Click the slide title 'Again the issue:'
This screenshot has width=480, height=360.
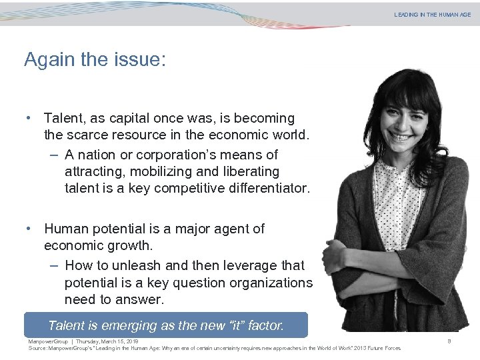(95, 60)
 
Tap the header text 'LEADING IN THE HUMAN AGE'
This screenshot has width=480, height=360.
(432, 14)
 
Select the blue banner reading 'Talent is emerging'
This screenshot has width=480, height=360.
(166, 325)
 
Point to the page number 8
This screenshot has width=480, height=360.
(450, 341)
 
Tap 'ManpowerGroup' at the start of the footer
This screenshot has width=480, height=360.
(49, 341)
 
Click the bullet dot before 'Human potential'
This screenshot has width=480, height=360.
(30, 229)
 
